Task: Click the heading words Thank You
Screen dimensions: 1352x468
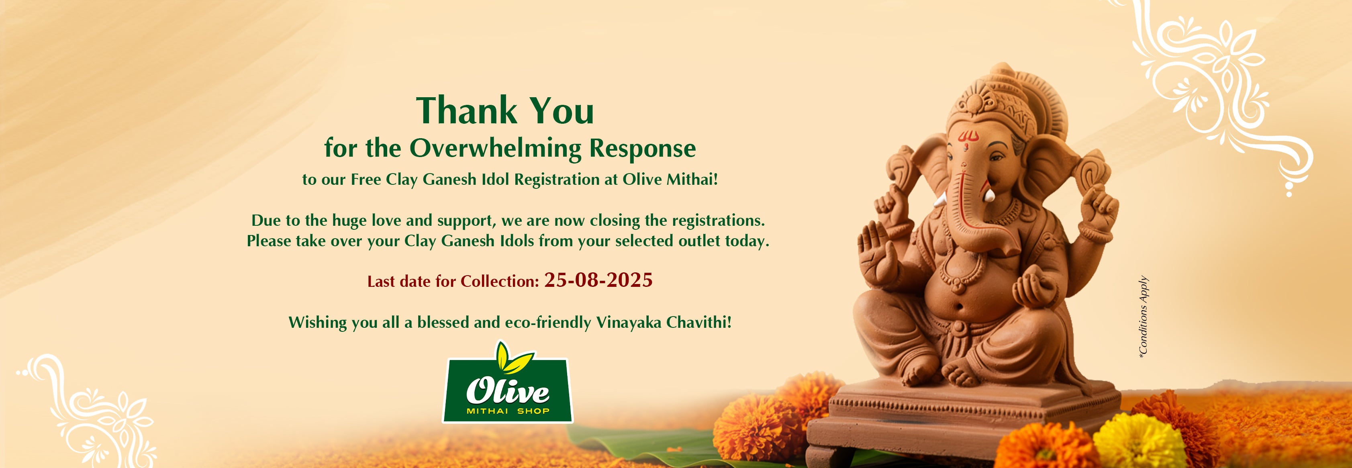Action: tap(505, 111)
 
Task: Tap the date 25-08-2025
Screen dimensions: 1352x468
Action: tap(598, 280)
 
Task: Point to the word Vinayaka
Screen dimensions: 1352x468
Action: tap(628, 322)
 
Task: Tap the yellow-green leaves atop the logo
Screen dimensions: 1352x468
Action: tap(512, 357)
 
